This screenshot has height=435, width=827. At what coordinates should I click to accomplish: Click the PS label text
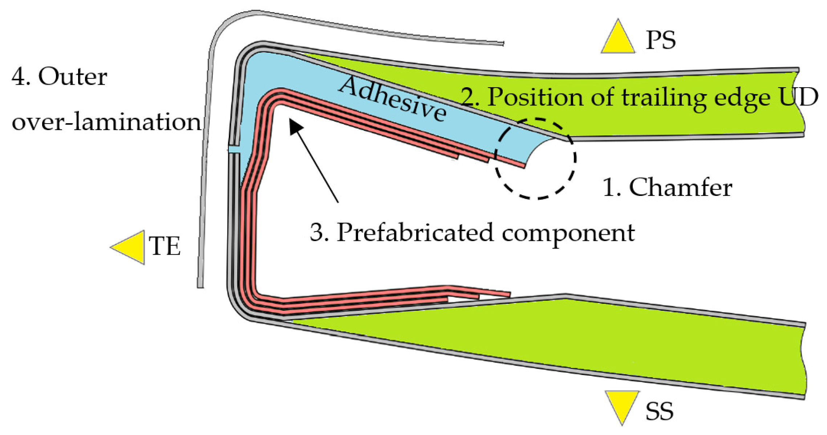coord(660,40)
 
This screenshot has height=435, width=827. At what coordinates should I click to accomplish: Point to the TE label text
coord(165,246)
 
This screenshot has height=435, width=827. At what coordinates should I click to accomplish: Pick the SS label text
coord(659,411)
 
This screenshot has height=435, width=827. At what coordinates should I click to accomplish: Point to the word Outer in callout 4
coord(73,77)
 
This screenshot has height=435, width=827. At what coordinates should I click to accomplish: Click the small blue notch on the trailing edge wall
coord(234,149)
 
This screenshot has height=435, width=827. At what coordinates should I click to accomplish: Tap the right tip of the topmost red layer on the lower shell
coord(510,294)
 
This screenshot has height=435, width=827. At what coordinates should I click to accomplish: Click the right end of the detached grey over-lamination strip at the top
coord(503,44)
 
